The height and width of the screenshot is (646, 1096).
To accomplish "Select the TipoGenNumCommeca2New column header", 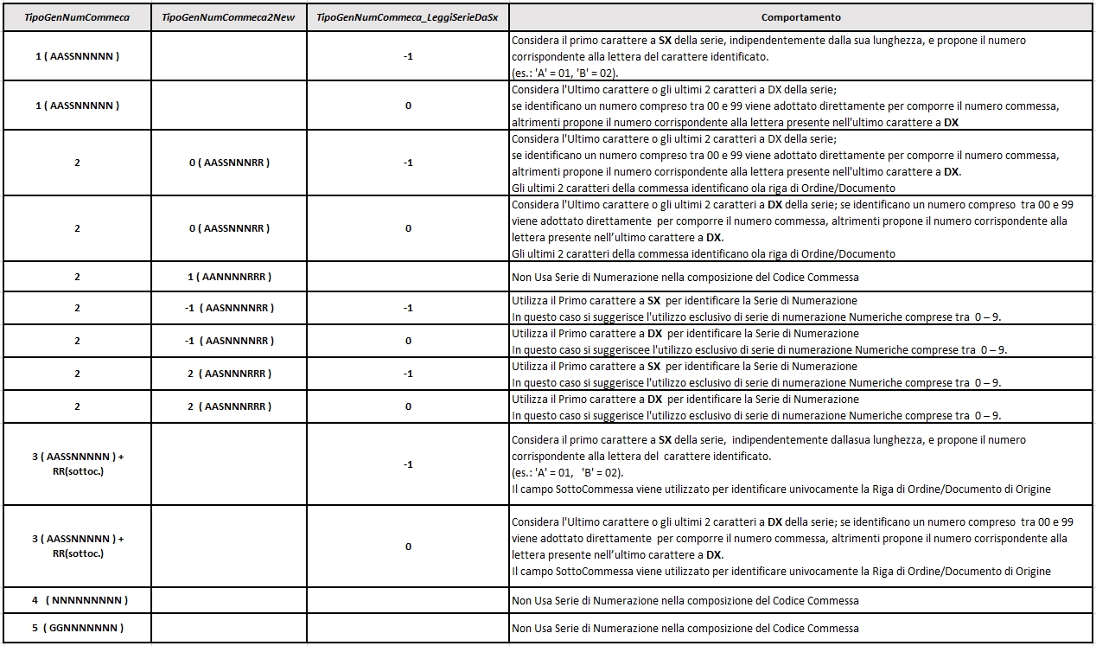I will pyautogui.click(x=228, y=17).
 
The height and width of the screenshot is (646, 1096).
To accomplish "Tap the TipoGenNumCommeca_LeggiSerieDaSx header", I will pyautogui.click(x=407, y=17).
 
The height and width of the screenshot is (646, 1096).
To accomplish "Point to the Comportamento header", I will pyautogui.click(x=801, y=17).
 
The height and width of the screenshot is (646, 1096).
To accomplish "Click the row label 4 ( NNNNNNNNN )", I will pyautogui.click(x=77, y=600).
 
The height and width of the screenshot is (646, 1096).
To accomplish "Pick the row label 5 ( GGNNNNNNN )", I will pyautogui.click(x=77, y=628).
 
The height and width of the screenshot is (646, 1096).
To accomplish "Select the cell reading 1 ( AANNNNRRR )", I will pyautogui.click(x=228, y=277).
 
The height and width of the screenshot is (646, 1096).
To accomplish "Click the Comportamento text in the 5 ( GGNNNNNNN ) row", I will pyautogui.click(x=685, y=628).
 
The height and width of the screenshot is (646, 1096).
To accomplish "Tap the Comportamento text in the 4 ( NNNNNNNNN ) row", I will pyautogui.click(x=685, y=600).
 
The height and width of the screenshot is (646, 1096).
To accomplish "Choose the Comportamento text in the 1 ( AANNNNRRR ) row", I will pyautogui.click(x=685, y=277).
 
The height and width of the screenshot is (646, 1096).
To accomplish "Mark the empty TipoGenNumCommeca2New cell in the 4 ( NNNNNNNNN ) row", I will pyautogui.click(x=228, y=600).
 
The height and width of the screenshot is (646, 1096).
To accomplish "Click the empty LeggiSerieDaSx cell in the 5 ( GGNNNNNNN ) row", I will pyautogui.click(x=407, y=628).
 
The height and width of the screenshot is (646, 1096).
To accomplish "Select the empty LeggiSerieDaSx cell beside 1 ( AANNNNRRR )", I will pyautogui.click(x=407, y=277).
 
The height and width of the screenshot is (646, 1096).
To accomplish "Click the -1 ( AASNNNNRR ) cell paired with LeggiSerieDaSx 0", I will pyautogui.click(x=228, y=341).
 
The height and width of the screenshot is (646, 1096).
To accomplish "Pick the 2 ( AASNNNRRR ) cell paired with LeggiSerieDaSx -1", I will pyautogui.click(x=228, y=374).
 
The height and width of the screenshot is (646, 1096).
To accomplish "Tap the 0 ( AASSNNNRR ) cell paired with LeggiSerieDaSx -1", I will pyautogui.click(x=228, y=163).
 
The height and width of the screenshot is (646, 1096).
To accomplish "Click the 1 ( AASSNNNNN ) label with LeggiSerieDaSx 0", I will pyautogui.click(x=77, y=106).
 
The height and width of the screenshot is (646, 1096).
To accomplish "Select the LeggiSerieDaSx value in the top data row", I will pyautogui.click(x=407, y=56).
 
